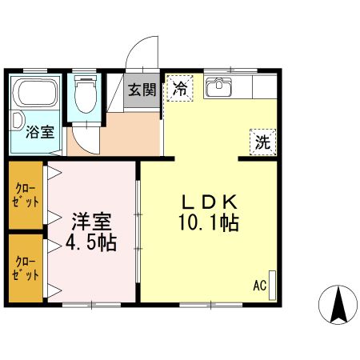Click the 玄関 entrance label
tap(144, 88)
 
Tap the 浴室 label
tap(40, 132)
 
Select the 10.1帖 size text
tap(209, 223)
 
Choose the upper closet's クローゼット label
tap(25, 195)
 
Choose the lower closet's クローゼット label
tap(25, 267)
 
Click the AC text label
tap(259, 286)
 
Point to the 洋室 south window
tap(90, 304)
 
